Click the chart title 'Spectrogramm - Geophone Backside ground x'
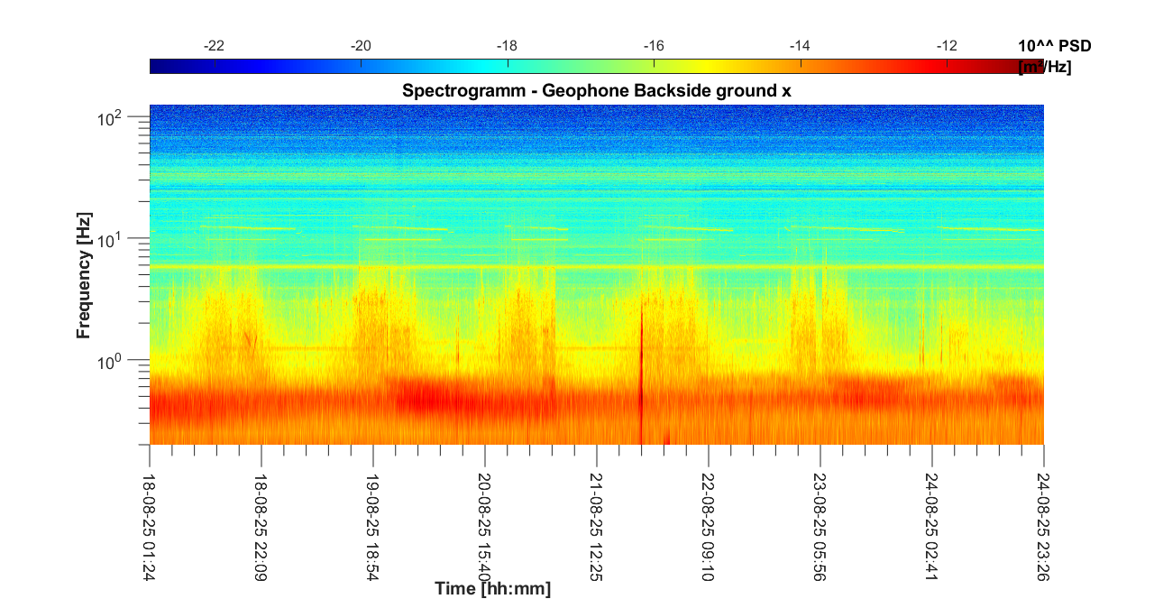click(x=596, y=90)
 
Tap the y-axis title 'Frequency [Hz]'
click(x=84, y=282)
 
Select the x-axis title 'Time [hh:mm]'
click(x=492, y=589)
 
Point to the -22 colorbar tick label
click(x=215, y=46)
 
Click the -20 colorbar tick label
click(x=361, y=46)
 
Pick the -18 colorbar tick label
click(x=508, y=46)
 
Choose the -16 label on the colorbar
click(x=654, y=46)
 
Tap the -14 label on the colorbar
click(x=801, y=46)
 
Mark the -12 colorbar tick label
click(x=947, y=46)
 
